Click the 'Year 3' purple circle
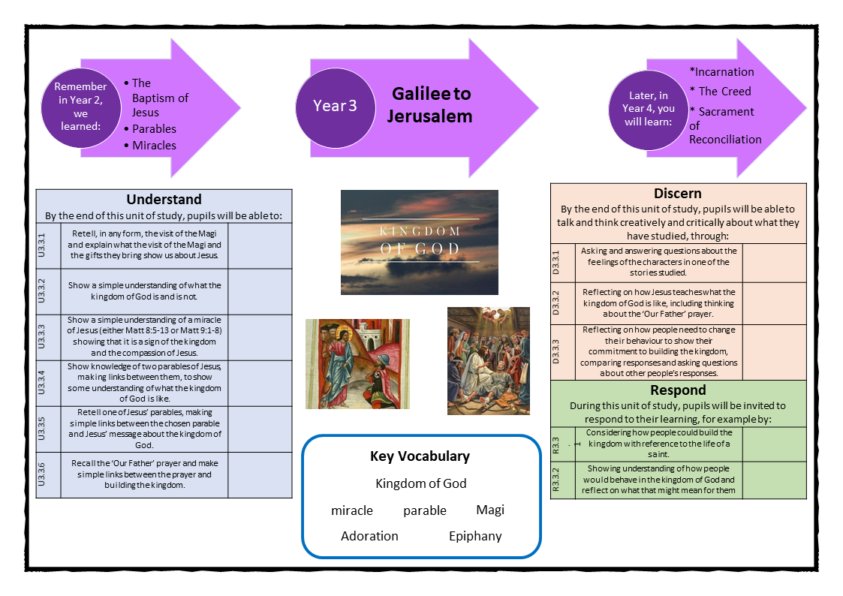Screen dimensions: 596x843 tap(335, 105)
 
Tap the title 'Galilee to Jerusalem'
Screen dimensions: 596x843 tap(432, 104)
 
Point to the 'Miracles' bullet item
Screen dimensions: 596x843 tap(154, 145)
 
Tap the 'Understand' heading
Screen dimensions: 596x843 tap(164, 200)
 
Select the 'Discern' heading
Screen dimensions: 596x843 tap(678, 193)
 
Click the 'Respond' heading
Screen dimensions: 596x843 tap(678, 390)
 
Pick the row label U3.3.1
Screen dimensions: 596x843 tap(49, 245)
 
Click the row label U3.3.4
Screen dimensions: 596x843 tap(49, 383)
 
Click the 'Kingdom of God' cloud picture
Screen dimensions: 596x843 tap(420, 242)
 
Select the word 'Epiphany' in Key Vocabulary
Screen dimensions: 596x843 tap(475, 536)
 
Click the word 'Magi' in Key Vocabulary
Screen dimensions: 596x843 tap(490, 510)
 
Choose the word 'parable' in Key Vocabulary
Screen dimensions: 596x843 tap(425, 510)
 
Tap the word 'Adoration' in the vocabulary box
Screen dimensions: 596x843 tap(369, 536)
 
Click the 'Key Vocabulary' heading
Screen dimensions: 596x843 tap(420, 456)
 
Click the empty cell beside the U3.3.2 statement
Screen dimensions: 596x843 tap(260, 291)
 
